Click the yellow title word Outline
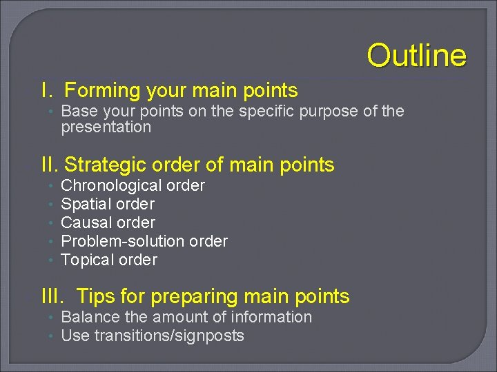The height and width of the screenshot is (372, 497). (x=416, y=55)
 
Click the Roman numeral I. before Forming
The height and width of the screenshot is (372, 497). (x=47, y=90)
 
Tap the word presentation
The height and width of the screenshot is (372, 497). (x=106, y=127)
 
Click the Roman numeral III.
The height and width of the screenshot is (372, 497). (x=52, y=296)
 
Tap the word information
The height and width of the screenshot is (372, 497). (x=273, y=317)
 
